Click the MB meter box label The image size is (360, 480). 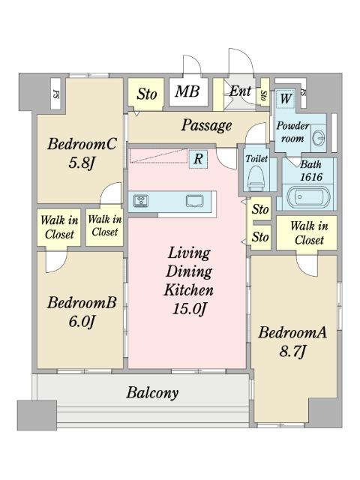pyautogui.click(x=187, y=91)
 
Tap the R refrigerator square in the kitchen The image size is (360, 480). pyautogui.click(x=198, y=159)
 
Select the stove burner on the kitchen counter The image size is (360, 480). pyautogui.click(x=141, y=201)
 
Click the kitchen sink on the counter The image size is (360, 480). pyautogui.click(x=194, y=201)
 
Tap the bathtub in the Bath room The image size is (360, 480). pyautogui.click(x=308, y=196)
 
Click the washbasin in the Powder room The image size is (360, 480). pyautogui.click(x=318, y=138)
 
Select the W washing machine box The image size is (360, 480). pyautogui.click(x=286, y=98)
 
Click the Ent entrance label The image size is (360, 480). pyautogui.click(x=240, y=91)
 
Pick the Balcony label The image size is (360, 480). pyautogui.click(x=152, y=393)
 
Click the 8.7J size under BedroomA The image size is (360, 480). pyautogui.click(x=292, y=352)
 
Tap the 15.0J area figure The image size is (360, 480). pyautogui.click(x=188, y=308)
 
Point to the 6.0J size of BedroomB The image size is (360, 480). pyautogui.click(x=82, y=322)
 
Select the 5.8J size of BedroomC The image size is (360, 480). pyautogui.click(x=82, y=163)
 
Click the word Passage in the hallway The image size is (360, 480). pyautogui.click(x=206, y=125)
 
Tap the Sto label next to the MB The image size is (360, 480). pyautogui.click(x=147, y=94)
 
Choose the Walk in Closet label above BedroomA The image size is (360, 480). pyautogui.click(x=309, y=233)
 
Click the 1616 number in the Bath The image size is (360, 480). pyautogui.click(x=311, y=177)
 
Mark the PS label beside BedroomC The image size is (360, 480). pyautogui.click(x=56, y=94)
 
